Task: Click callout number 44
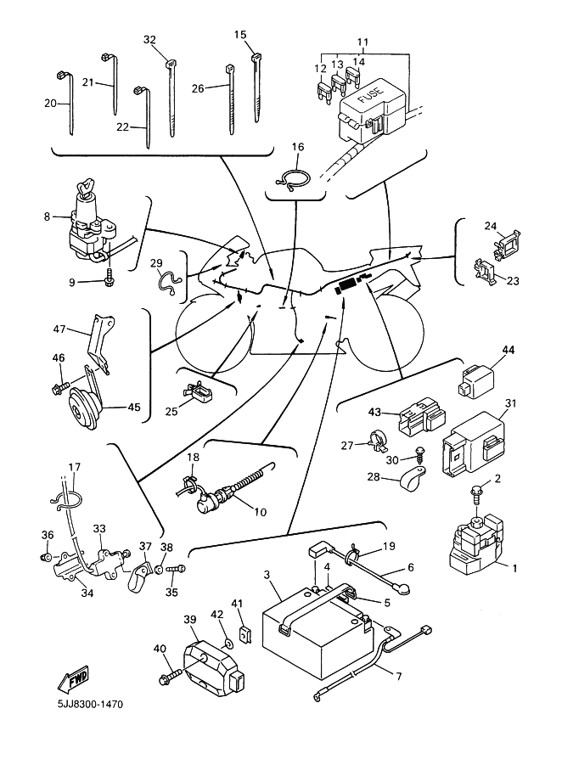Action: coord(508,350)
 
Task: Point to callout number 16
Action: coord(297,147)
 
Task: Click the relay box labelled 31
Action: coord(471,442)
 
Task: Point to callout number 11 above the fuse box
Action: coord(362,42)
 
